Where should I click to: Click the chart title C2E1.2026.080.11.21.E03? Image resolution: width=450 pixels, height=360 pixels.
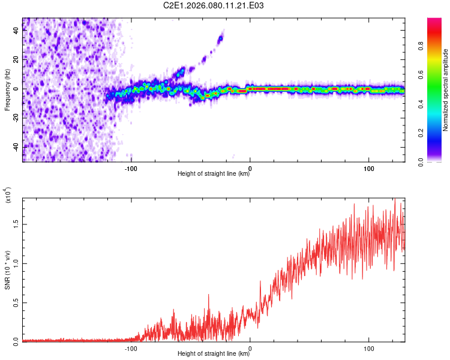[x=214, y=5]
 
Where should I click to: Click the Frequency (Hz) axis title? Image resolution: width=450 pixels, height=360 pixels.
[x=7, y=90]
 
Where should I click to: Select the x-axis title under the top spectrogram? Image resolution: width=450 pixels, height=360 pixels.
[x=214, y=174]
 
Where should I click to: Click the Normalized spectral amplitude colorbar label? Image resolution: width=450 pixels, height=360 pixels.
[x=446, y=90]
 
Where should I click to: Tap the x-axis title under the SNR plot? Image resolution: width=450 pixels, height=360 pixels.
[x=214, y=354]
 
